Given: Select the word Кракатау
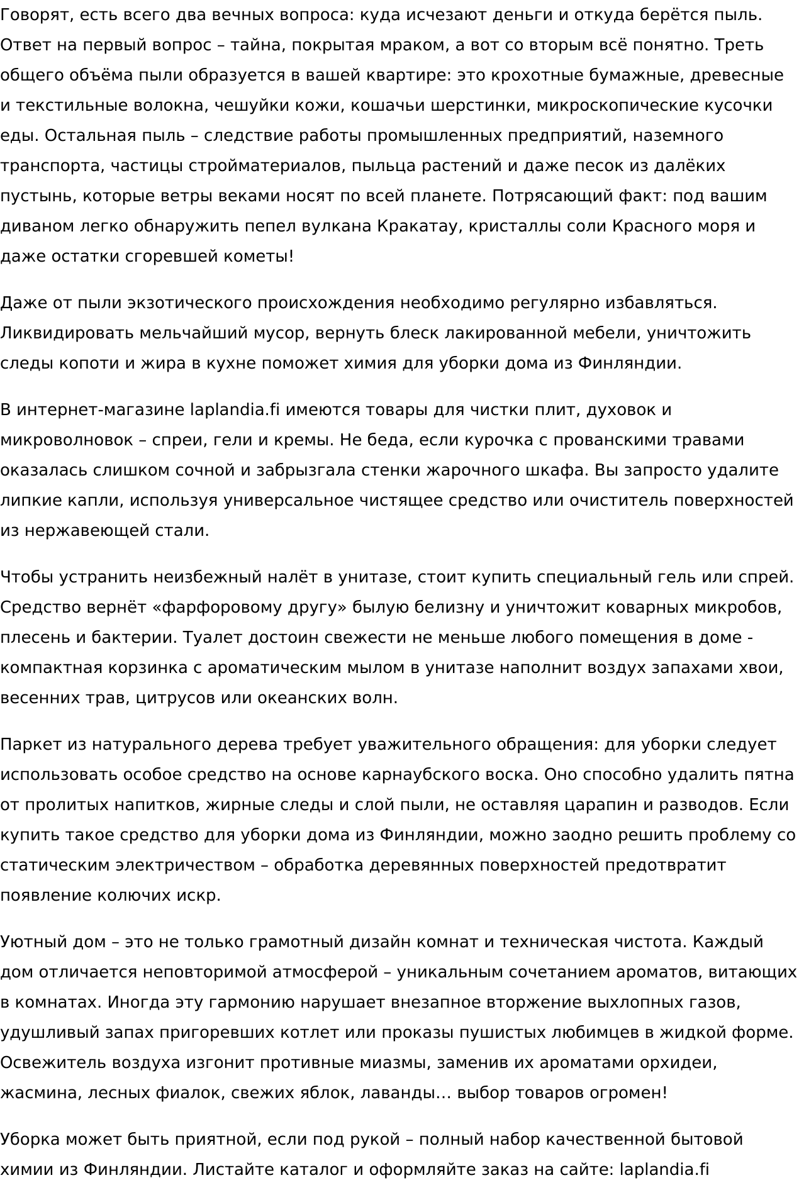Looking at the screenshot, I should tap(415, 226).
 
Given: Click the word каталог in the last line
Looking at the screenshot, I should tap(321, 1170).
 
